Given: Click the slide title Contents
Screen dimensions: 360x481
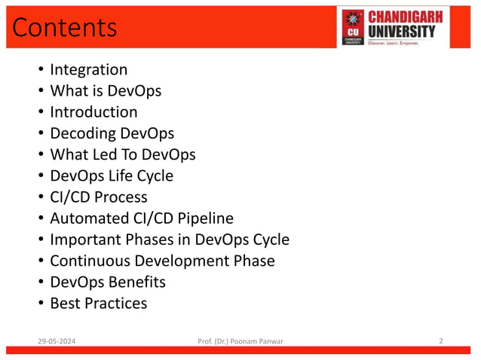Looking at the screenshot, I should tap(65, 27).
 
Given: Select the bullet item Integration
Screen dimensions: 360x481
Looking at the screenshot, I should tap(88, 70).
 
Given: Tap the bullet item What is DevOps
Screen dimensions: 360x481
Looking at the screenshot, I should tap(106, 91).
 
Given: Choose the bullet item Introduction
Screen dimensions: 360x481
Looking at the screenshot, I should tap(93, 112).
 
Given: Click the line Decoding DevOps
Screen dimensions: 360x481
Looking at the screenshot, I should tap(112, 133).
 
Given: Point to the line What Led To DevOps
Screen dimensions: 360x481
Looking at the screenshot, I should tap(122, 154).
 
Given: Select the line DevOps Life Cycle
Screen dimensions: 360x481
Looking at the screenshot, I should tap(112, 175).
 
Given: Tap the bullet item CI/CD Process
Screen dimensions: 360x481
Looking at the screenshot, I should tap(99, 197).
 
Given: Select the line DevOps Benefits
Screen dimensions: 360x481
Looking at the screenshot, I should tap(107, 282).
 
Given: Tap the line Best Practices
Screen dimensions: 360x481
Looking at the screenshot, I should tap(98, 304).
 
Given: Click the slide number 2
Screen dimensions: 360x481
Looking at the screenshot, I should tap(441, 341).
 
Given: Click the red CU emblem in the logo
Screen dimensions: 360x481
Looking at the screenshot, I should tap(353, 27).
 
